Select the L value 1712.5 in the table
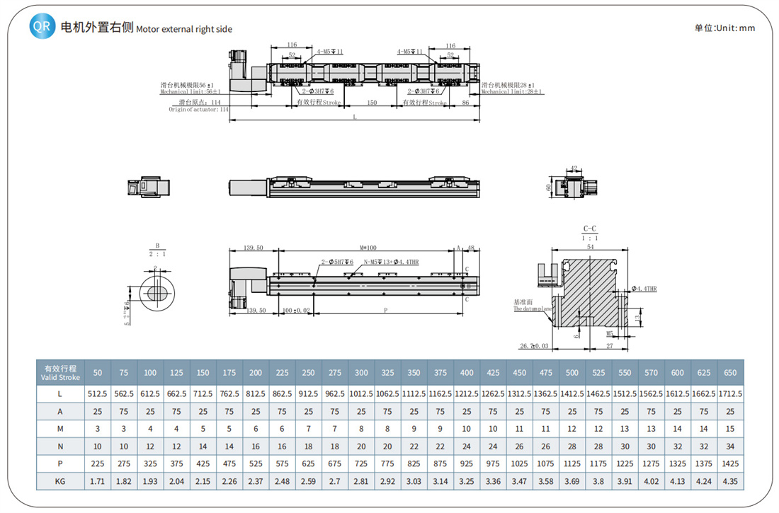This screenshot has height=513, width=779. point(729,393)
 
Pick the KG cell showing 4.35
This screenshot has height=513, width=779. point(729,481)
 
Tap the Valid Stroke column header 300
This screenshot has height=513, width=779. point(361,372)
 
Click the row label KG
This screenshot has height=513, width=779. point(60,481)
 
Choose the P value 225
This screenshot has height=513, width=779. point(98,463)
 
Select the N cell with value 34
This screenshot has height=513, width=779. point(729,446)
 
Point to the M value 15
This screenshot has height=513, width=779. point(729,428)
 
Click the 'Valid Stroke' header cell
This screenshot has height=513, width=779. point(60,372)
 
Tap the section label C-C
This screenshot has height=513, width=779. point(590,229)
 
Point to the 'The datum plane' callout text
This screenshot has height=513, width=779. point(533,309)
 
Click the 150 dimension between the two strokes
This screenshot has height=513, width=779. point(372,103)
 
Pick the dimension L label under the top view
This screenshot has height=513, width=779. point(354,117)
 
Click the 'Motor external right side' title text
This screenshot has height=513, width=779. point(184,29)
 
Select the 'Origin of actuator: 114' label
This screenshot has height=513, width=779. point(199,110)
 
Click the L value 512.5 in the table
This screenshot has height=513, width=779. point(98,393)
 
